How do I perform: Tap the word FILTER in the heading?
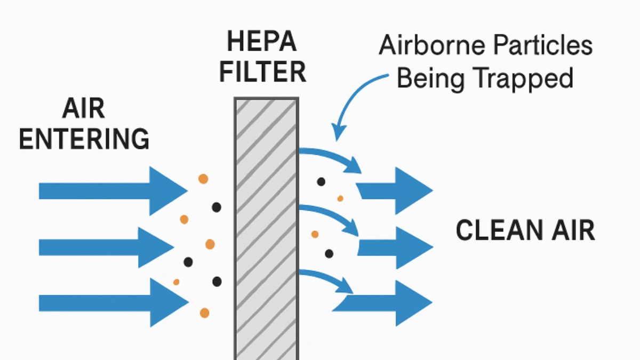(x=263, y=72)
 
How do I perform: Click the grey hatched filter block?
(x=266, y=229)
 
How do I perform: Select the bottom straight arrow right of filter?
(x=384, y=302)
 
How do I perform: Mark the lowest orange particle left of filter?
(x=204, y=313)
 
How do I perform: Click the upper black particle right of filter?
(x=321, y=181)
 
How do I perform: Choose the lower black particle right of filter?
(x=329, y=253)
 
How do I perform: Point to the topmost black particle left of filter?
(x=217, y=207)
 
